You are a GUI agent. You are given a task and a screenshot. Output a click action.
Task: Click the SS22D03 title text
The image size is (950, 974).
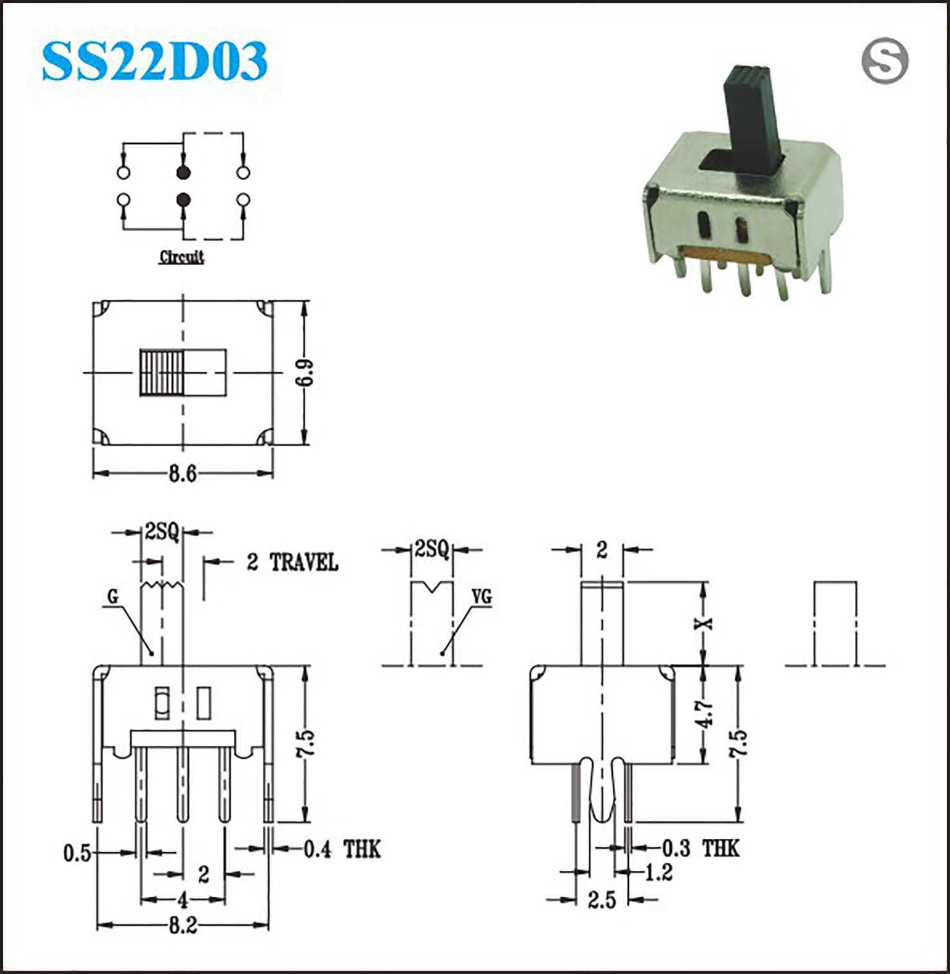pos(154,61)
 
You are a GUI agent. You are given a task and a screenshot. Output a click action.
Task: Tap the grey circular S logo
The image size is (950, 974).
pos(884,61)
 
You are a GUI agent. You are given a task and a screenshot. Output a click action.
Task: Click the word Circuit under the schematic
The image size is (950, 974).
pos(182,257)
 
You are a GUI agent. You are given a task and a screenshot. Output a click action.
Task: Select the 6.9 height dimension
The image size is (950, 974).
pos(306,372)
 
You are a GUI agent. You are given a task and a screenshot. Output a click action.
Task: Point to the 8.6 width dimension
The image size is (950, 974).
pos(182,474)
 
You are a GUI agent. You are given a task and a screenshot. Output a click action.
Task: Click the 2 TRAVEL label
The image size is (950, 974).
pos(292,562)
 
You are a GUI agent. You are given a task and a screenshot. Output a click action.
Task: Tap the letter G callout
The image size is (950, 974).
pos(113,597)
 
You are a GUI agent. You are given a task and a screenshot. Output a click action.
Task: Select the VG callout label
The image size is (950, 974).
pos(482,597)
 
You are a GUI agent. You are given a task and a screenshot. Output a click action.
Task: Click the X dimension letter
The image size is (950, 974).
pos(705,622)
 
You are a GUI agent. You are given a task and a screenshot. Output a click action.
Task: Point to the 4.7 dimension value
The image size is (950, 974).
pos(705,713)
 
